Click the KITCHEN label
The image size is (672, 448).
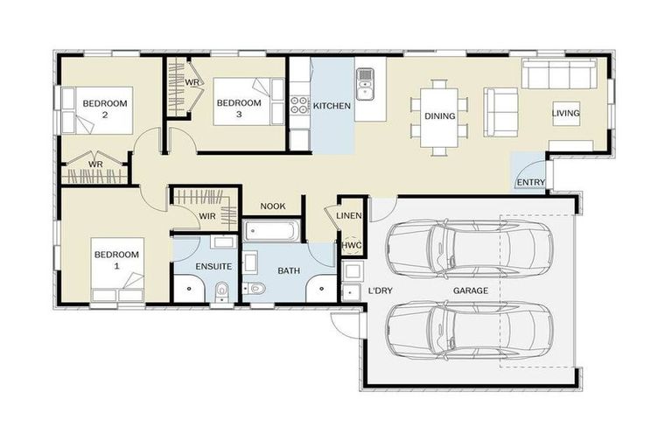point(332,106)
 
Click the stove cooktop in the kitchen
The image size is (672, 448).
point(299,106)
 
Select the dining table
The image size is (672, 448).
point(439,116)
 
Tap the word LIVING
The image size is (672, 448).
point(565,114)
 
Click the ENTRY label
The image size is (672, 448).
point(531,183)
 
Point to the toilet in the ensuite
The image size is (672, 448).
point(221,288)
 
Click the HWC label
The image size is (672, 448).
point(351,246)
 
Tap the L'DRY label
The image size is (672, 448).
point(380,290)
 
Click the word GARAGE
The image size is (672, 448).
point(470,290)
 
